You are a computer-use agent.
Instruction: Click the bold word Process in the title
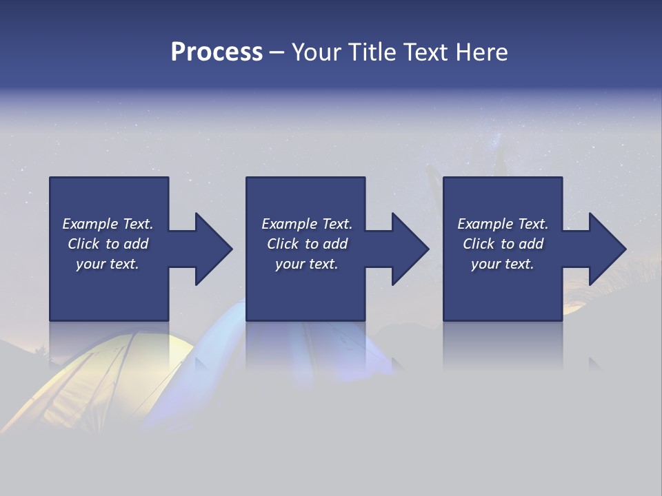click(217, 52)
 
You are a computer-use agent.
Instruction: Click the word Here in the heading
click(481, 52)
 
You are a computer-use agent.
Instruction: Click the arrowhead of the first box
click(212, 249)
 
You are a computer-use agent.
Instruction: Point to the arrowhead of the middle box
click(410, 249)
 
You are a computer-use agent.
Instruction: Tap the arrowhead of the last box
click(607, 249)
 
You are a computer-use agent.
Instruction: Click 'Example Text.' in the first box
click(108, 224)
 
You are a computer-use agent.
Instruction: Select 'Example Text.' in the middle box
click(307, 224)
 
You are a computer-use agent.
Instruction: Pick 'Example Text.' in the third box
click(503, 224)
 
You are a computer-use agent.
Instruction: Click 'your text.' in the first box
click(108, 264)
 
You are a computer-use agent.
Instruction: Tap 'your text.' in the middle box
click(307, 264)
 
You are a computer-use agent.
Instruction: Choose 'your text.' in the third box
click(503, 264)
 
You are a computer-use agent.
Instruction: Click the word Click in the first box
click(84, 244)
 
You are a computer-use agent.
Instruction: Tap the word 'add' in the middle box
click(335, 244)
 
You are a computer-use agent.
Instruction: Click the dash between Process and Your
click(277, 53)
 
